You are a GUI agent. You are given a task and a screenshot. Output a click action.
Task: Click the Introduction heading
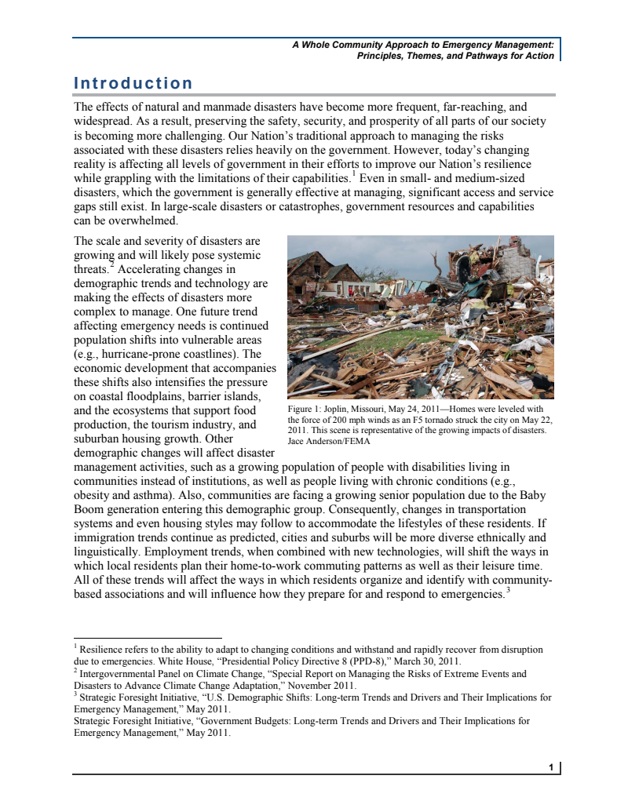[x=133, y=83]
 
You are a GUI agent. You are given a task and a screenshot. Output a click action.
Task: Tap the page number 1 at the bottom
[x=552, y=766]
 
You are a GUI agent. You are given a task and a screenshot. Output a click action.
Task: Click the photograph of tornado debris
[x=420, y=317]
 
